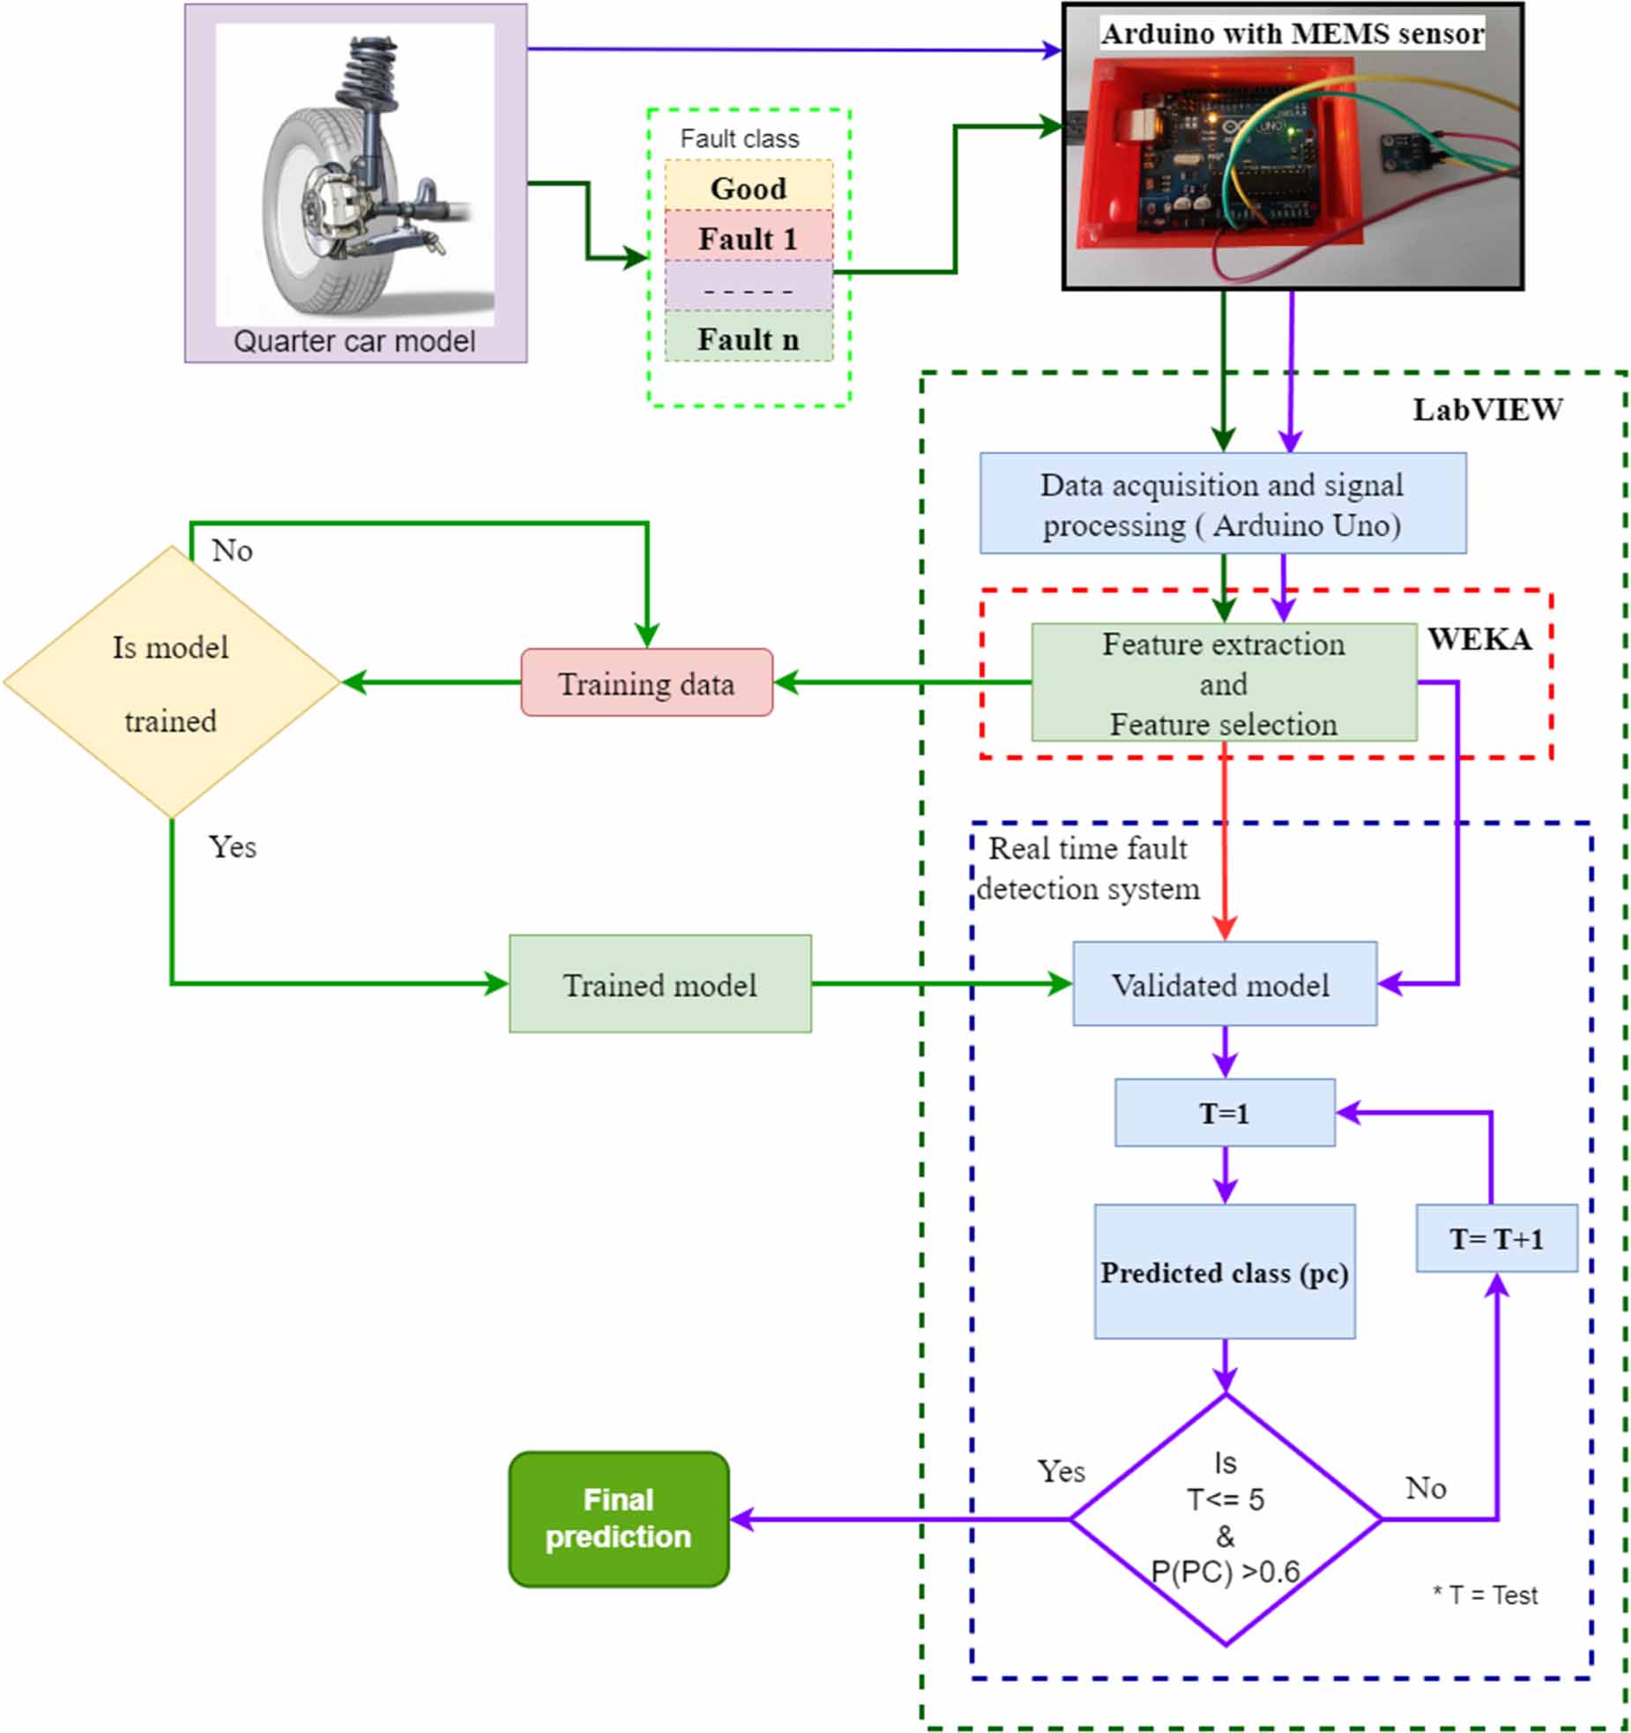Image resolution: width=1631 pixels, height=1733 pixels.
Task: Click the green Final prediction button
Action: click(618, 1517)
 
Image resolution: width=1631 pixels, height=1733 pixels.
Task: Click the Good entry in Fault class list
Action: click(748, 187)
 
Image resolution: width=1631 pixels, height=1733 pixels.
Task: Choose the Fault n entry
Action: click(748, 338)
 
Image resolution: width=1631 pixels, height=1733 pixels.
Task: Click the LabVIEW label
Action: click(1486, 409)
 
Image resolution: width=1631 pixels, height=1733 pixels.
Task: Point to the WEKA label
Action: click(1478, 638)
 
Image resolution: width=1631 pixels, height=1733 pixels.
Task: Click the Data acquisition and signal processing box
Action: click(1221, 503)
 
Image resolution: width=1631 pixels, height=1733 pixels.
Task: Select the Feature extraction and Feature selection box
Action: click(1223, 682)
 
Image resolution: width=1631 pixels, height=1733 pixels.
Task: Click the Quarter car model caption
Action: click(354, 341)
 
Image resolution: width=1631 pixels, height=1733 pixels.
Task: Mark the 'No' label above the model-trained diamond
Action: click(232, 550)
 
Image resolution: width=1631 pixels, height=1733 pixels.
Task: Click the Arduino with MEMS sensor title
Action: click(1292, 33)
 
